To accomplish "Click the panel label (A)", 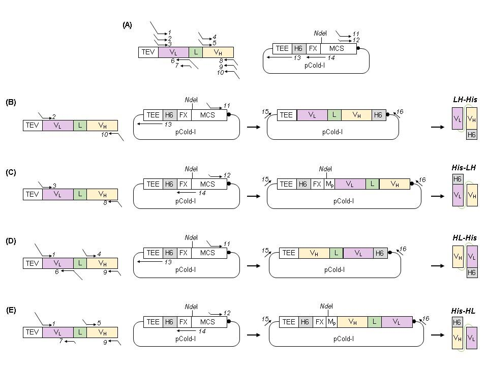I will [x=127, y=24].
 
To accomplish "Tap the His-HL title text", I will [x=463, y=311].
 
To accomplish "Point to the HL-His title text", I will [x=464, y=237].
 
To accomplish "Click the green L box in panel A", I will [x=195, y=52].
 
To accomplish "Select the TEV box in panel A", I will [x=148, y=52].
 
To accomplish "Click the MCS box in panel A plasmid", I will [x=337, y=48].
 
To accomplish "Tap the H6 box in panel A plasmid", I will [x=299, y=48].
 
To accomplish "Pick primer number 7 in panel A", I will [x=177, y=66].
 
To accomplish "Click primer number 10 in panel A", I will [x=221, y=72].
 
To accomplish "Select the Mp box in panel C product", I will [x=329, y=184].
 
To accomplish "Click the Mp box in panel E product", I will [x=331, y=322].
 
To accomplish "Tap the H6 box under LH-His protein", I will [x=471, y=135].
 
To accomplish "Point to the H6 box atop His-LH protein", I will [x=457, y=179].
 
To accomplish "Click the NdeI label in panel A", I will [x=320, y=33].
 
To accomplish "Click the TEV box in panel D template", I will [x=33, y=263].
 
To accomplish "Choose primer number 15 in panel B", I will [x=264, y=111].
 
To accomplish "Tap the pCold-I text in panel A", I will [x=315, y=65].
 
